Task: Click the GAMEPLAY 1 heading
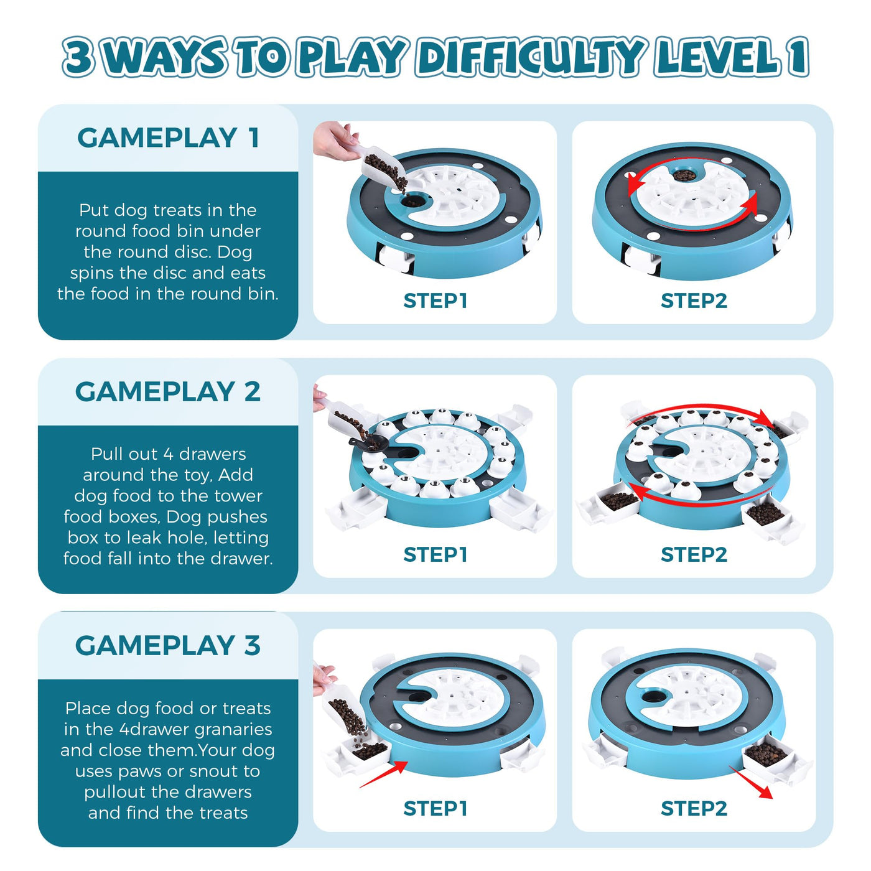[168, 137]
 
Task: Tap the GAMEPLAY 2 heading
[168, 391]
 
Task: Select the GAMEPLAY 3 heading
[168, 645]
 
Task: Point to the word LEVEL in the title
[717, 58]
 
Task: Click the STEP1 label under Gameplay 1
[435, 300]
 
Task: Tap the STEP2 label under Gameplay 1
[694, 300]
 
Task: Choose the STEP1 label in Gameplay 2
[435, 554]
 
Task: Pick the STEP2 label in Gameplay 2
[694, 554]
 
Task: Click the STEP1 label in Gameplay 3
[435, 809]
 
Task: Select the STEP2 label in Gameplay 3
[694, 809]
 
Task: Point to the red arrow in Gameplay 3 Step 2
[750, 782]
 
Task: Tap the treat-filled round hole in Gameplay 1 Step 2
[684, 175]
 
